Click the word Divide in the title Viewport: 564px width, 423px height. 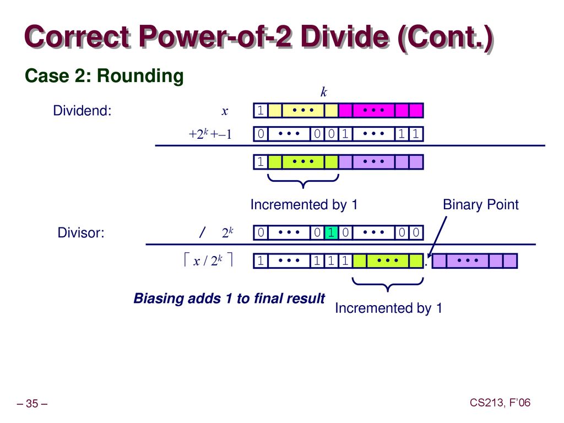(x=345, y=37)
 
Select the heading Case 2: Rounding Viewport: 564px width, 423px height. (x=104, y=76)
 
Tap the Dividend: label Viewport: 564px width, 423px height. (x=83, y=110)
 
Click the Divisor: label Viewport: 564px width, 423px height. (x=81, y=233)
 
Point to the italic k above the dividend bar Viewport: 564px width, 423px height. (x=324, y=92)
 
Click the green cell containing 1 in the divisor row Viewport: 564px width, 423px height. (x=331, y=232)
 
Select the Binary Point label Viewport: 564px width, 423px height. (x=480, y=205)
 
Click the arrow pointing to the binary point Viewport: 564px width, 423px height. (x=437, y=237)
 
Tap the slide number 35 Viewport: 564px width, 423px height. (x=32, y=404)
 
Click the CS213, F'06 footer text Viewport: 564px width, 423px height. (x=500, y=403)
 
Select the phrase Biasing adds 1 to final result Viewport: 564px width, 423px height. (x=229, y=299)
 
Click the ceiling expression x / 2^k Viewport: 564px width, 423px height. (x=208, y=260)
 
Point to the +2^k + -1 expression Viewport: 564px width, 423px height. (x=210, y=134)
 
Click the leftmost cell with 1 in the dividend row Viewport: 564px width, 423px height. (x=261, y=110)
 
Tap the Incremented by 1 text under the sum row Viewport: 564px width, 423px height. (x=304, y=205)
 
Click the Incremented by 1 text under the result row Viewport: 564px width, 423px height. (x=388, y=308)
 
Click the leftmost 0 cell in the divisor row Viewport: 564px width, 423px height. (x=261, y=232)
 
